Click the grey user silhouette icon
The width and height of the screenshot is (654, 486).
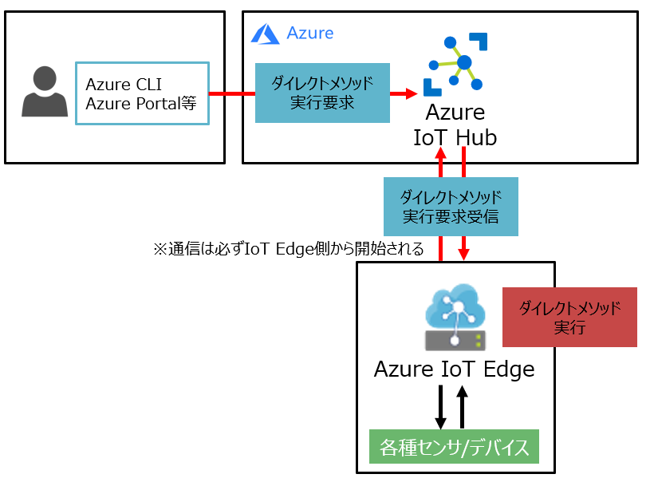(x=45, y=92)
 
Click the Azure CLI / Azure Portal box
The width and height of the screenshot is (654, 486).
(x=142, y=93)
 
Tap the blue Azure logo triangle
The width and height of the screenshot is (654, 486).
(x=265, y=34)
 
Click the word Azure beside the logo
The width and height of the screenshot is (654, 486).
(x=310, y=33)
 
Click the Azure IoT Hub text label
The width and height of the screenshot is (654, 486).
(x=455, y=125)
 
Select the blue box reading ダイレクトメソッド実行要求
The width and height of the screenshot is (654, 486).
(x=322, y=93)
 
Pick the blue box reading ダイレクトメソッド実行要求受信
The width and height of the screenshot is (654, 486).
(x=451, y=207)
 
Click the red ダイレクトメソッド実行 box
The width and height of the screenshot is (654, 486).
(x=569, y=317)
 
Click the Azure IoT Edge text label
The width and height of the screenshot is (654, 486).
(x=455, y=369)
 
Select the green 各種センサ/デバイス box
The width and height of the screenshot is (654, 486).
(x=454, y=447)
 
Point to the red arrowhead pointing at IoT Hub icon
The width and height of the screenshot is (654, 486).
(x=410, y=93)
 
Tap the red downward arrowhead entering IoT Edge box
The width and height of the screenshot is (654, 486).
(x=463, y=253)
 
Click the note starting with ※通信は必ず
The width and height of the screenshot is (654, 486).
(x=288, y=249)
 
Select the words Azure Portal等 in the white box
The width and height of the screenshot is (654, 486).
(x=140, y=104)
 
